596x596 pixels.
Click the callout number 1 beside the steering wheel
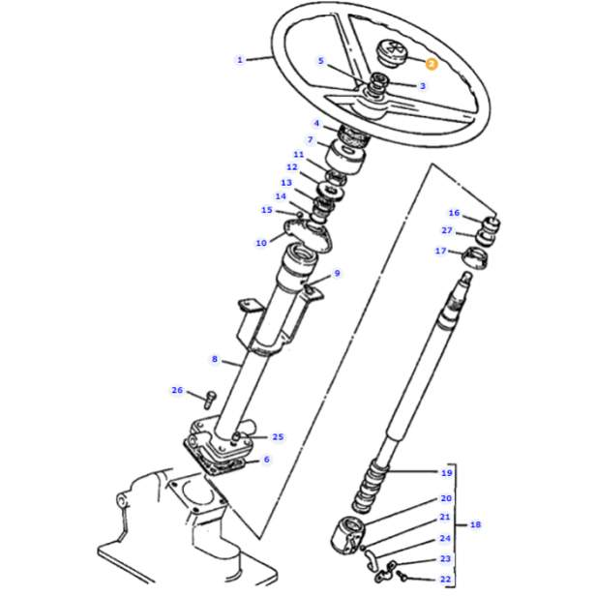pyautogui.click(x=240, y=60)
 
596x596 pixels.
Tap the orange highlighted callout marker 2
pyautogui.click(x=432, y=63)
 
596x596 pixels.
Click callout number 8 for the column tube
pyautogui.click(x=216, y=360)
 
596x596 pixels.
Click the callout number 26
pyautogui.click(x=177, y=391)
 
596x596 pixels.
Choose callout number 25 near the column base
pyautogui.click(x=278, y=437)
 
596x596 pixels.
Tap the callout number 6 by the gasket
pyautogui.click(x=266, y=461)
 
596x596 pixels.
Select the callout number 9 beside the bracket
pyautogui.click(x=338, y=274)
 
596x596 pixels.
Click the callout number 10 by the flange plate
pyautogui.click(x=261, y=243)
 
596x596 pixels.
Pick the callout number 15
pyautogui.click(x=267, y=210)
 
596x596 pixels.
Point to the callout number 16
pyautogui.click(x=454, y=213)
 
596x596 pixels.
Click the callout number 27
pyautogui.click(x=447, y=231)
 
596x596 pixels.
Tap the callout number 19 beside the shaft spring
pyautogui.click(x=447, y=473)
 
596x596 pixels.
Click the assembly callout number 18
pyautogui.click(x=475, y=525)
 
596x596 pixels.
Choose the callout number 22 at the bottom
pyautogui.click(x=446, y=580)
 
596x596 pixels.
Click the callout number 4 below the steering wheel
pyautogui.click(x=316, y=124)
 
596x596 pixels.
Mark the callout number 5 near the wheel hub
pyautogui.click(x=321, y=61)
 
